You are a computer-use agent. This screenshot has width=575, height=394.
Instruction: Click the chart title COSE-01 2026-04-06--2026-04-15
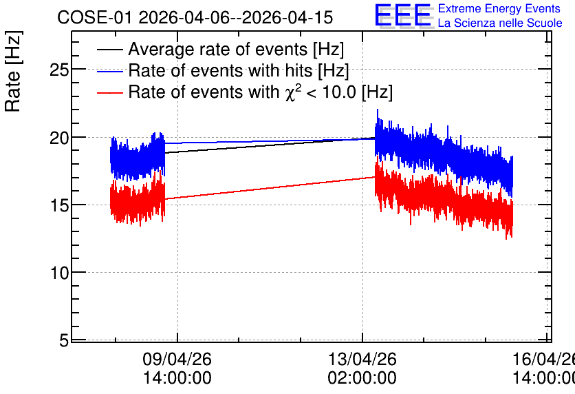click(x=195, y=18)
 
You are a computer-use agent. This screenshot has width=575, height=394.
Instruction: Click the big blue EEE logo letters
click(x=403, y=15)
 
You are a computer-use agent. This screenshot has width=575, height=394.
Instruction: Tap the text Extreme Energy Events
click(x=499, y=8)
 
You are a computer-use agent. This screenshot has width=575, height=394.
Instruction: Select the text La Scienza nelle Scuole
click(x=500, y=23)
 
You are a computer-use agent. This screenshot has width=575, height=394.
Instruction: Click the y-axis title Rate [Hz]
click(x=12, y=71)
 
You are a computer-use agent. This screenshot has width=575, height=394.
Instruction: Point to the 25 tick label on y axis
click(x=59, y=70)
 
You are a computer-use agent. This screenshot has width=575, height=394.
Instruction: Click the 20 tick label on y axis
click(x=59, y=138)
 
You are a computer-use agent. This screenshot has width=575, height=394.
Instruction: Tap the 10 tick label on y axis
click(x=59, y=273)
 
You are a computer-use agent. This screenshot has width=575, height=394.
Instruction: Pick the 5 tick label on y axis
click(x=64, y=341)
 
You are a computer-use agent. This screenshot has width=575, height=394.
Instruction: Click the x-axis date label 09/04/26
click(x=177, y=359)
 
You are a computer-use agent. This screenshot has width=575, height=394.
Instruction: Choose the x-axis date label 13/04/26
click(x=362, y=359)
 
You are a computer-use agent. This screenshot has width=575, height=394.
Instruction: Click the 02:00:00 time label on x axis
click(x=362, y=378)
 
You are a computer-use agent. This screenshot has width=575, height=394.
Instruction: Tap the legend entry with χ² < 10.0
click(x=261, y=92)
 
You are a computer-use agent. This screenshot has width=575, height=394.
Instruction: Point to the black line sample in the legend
click(x=109, y=50)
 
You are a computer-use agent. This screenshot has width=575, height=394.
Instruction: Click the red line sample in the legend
click(x=109, y=92)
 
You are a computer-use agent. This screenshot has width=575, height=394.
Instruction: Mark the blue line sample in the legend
click(x=109, y=71)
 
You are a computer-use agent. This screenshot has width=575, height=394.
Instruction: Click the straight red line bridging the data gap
click(x=270, y=188)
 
